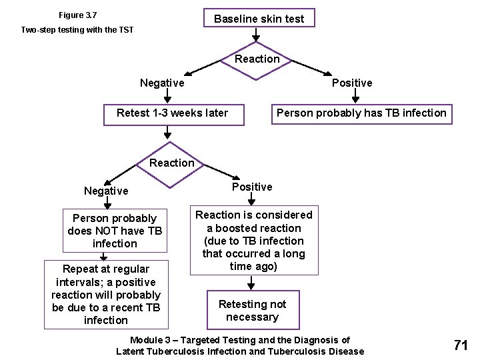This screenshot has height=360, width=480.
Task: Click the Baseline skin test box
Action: click(259, 19)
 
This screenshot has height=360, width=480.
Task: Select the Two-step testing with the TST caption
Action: click(77, 30)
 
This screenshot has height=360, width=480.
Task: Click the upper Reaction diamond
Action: click(257, 59)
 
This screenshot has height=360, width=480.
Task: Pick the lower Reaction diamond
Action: click(172, 163)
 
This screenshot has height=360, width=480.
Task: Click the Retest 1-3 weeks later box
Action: click(172, 113)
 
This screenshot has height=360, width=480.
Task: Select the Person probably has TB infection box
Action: click(361, 113)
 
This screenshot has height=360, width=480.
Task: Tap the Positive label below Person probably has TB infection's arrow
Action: click(352, 83)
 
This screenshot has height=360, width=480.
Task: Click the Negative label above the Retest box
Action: click(162, 83)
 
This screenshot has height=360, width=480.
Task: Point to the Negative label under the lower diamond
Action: click(106, 191)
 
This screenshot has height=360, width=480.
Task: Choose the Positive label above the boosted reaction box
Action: click(252, 187)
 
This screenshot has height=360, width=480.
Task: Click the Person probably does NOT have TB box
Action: click(115, 231)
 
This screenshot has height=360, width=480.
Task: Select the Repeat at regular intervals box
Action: click(105, 295)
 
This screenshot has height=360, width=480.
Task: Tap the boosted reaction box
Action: click(253, 241)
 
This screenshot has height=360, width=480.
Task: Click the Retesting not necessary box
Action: click(252, 311)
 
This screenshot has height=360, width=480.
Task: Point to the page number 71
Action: click(460, 345)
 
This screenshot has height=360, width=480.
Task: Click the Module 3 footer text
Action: click(240, 346)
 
